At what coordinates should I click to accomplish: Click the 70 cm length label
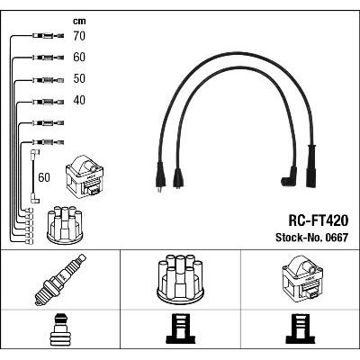click(x=79, y=36)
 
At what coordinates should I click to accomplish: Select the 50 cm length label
click(x=79, y=78)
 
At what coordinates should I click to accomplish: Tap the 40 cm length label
click(x=79, y=100)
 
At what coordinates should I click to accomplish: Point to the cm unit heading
click(x=79, y=21)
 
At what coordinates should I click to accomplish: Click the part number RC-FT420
click(x=319, y=220)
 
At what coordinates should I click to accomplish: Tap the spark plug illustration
click(x=60, y=280)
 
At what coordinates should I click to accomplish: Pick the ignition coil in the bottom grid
click(x=302, y=278)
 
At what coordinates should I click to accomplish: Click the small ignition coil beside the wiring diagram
click(x=85, y=175)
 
